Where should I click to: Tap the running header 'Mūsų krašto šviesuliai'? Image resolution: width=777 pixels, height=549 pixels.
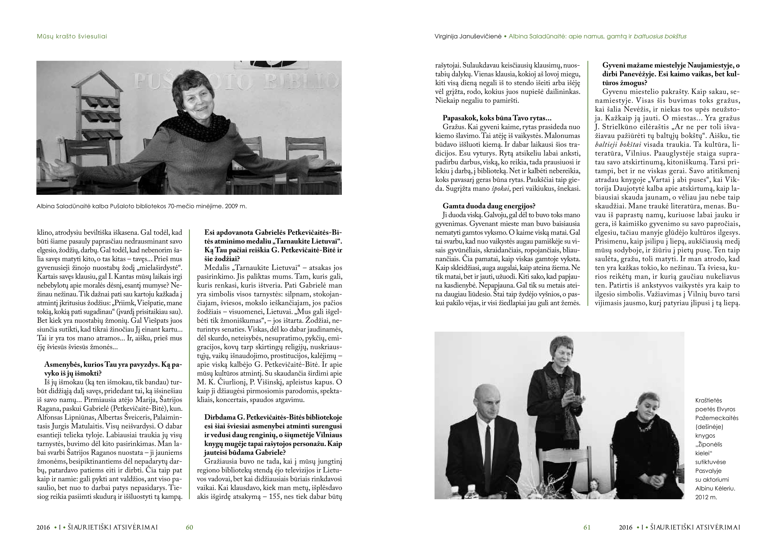coord(72,36)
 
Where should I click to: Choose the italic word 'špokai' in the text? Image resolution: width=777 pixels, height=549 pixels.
coord(500,188)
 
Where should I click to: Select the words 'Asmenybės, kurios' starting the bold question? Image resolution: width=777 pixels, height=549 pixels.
coord(74,365)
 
